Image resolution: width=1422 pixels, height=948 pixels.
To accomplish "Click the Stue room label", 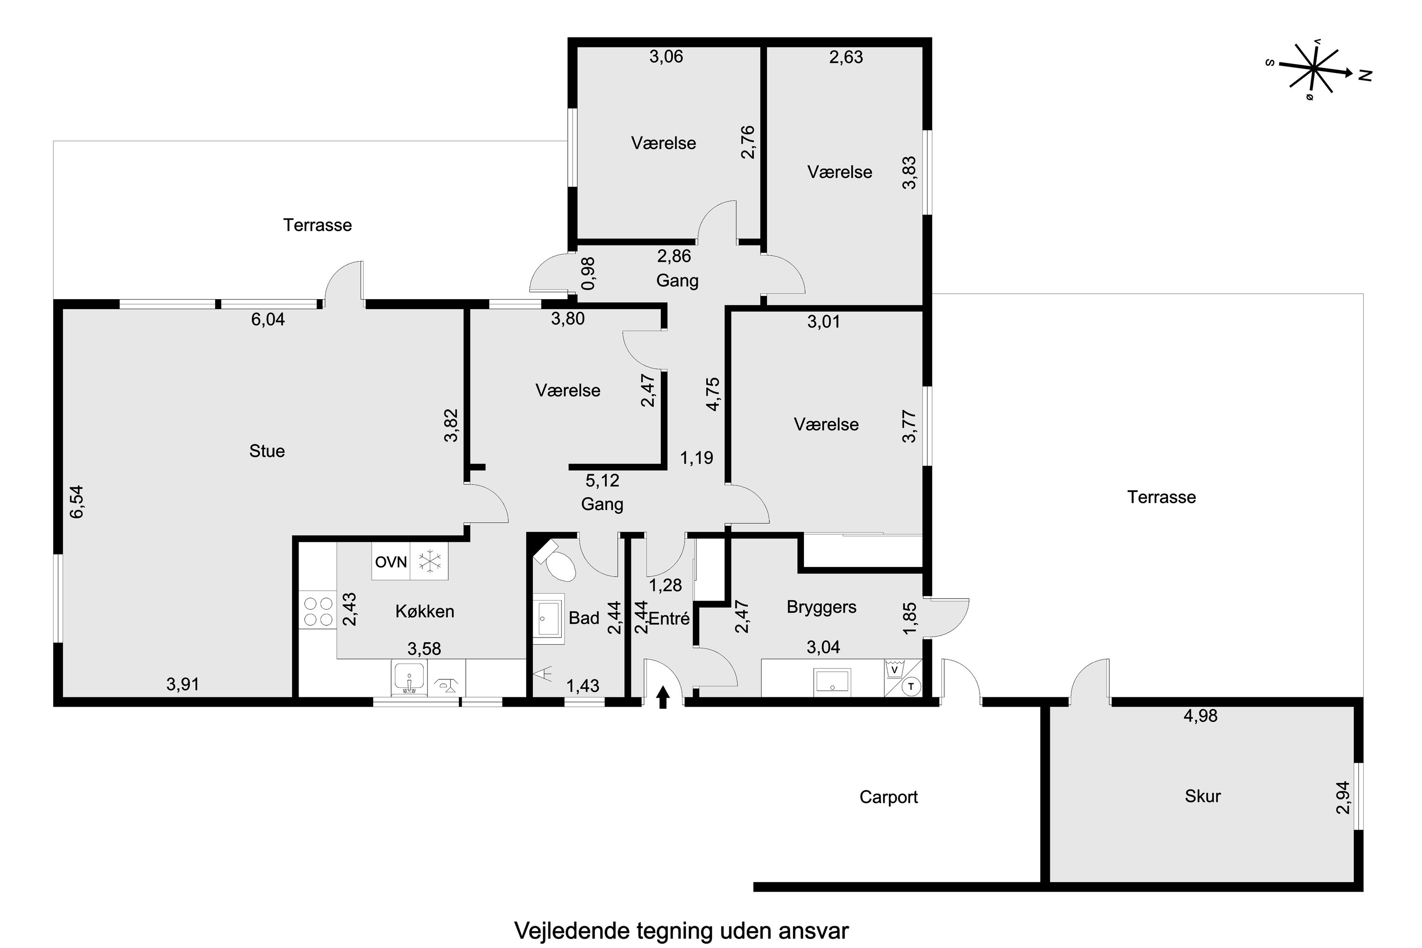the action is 266,451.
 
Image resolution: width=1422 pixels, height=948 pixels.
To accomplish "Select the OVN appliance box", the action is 391,562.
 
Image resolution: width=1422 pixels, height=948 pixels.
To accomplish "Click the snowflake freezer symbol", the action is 430,562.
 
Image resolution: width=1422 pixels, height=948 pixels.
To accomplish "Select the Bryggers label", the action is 821,607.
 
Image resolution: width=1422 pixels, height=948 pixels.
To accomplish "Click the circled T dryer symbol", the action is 911,686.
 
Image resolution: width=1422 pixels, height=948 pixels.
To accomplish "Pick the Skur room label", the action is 1203,796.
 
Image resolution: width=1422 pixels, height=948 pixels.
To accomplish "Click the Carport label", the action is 888,797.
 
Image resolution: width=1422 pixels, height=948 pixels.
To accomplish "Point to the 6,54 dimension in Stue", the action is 77,502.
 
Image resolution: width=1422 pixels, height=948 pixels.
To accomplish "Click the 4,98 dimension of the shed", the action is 1200,716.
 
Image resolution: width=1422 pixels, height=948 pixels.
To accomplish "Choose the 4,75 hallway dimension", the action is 713,394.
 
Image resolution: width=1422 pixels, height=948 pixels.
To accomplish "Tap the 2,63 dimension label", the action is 846,57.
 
